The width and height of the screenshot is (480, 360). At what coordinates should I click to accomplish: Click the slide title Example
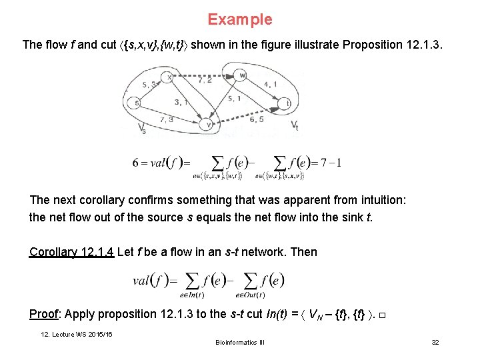(239, 19)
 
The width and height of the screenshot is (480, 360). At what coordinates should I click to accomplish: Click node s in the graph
(137, 103)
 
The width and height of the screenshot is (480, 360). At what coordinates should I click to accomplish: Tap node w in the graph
(243, 75)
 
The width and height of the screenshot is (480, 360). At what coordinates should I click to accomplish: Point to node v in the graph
(209, 125)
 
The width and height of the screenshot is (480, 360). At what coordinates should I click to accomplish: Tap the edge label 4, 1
(271, 84)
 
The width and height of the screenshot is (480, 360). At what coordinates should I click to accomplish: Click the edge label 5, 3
(149, 84)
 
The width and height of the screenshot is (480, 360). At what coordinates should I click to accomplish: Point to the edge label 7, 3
(167, 119)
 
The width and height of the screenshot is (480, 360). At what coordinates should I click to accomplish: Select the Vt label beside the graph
(294, 125)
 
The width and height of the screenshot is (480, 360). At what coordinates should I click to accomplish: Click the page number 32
(435, 342)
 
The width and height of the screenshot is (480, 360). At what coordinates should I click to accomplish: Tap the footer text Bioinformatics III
(239, 342)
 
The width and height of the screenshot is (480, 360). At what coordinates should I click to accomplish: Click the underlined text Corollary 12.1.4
(71, 252)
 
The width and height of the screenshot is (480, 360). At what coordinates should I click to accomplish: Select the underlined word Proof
(45, 314)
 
